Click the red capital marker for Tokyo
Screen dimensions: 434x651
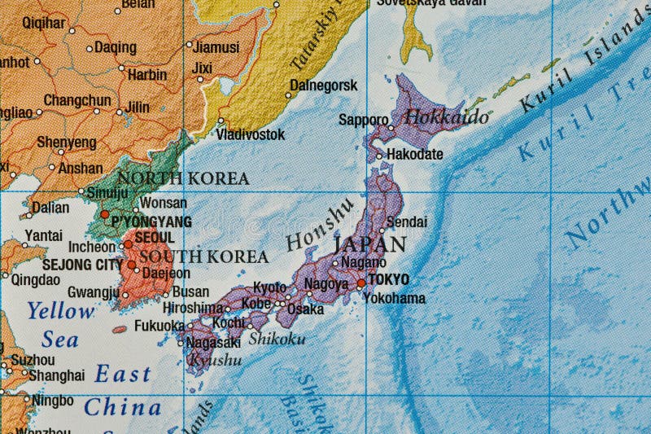361,283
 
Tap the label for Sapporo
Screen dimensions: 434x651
363,121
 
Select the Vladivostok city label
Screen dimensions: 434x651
251,134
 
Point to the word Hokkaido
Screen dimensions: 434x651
447,116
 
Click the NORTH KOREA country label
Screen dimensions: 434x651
183,178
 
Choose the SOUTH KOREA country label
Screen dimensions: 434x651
203,256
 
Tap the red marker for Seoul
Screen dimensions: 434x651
128,243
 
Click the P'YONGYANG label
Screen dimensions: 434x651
151,221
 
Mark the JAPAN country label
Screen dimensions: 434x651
370,243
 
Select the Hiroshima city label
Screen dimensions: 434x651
192,308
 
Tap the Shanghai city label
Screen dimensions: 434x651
57,375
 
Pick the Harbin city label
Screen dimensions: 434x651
147,74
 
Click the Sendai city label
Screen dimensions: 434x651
407,221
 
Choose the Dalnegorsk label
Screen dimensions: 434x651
324,85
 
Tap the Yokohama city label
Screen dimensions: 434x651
394,299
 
